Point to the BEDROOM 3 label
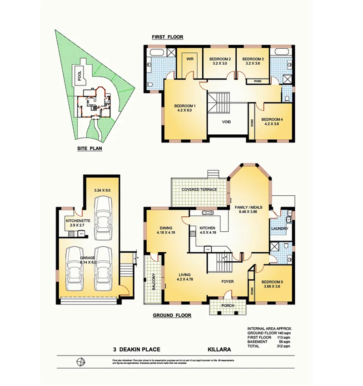(253, 59)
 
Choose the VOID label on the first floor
(227, 122)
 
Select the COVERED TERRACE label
(199, 189)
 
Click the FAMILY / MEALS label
(250, 207)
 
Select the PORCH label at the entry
(227, 305)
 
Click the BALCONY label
(154, 280)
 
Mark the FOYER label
(227, 282)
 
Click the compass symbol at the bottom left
(81, 362)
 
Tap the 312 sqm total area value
(283, 346)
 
